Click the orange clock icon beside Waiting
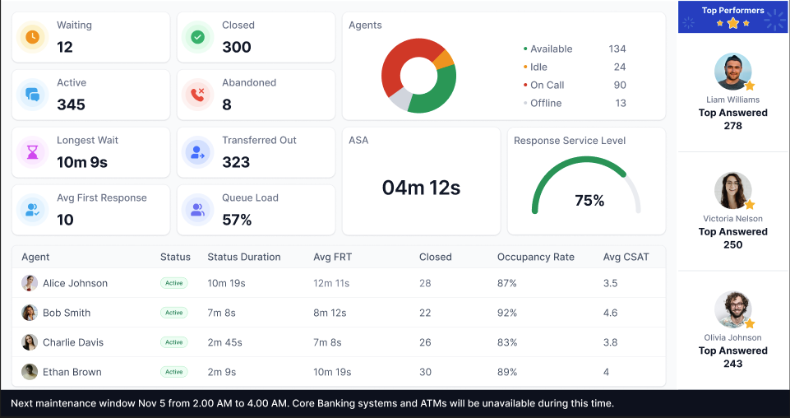(x=33, y=37)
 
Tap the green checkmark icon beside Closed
(x=197, y=37)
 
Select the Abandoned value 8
(x=227, y=104)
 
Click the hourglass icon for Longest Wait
(x=33, y=152)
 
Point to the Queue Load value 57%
(x=237, y=220)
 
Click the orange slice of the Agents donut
(x=443, y=59)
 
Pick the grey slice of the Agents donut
(x=400, y=100)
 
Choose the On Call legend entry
(x=547, y=85)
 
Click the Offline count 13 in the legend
(x=620, y=103)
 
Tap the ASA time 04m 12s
(x=421, y=188)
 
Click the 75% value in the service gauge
(x=589, y=200)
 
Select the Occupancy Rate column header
(x=535, y=257)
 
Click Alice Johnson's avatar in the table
(x=30, y=283)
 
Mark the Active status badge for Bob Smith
(x=173, y=313)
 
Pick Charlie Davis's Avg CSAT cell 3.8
(x=610, y=342)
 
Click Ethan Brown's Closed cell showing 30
(x=425, y=372)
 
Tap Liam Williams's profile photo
(x=732, y=72)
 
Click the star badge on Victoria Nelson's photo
(x=749, y=204)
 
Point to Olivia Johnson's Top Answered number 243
(x=732, y=364)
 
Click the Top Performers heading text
(x=732, y=11)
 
